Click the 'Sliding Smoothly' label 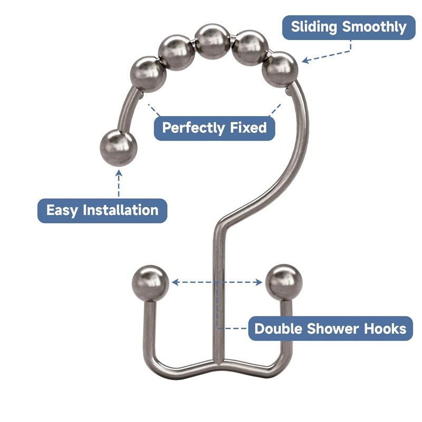point(349,27)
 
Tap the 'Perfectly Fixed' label point(214,128)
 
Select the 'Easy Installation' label point(102,210)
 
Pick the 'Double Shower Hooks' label point(331,329)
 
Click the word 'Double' point(280,329)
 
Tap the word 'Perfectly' point(194,128)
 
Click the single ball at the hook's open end point(118,148)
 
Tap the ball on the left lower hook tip point(149,283)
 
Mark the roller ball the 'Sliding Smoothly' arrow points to point(280,69)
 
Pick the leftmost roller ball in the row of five point(148,75)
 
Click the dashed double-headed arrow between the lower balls point(217,283)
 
